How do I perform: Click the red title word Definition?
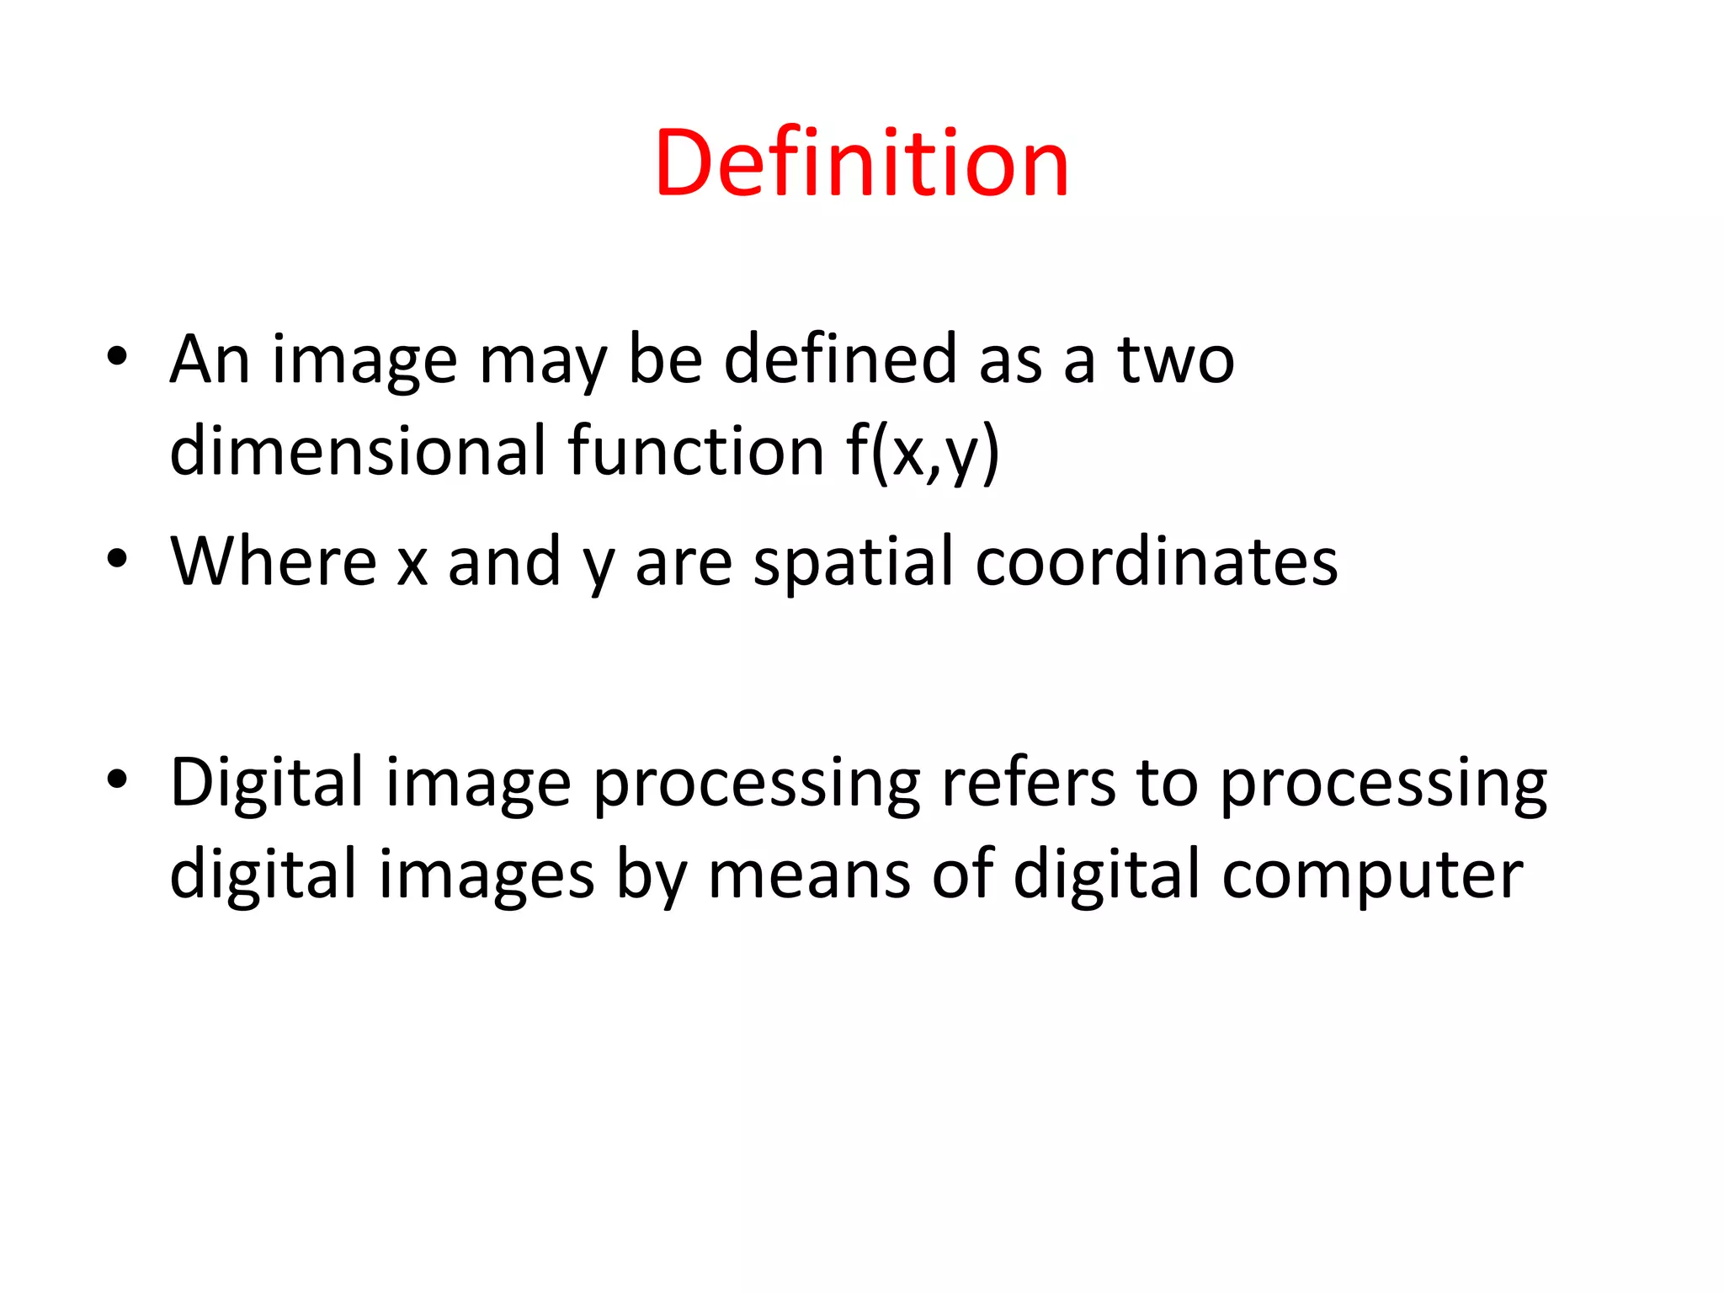(861, 163)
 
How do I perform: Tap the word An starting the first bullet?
(210, 359)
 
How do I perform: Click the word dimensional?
(359, 451)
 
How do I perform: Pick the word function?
(695, 451)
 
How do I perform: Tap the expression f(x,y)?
(923, 453)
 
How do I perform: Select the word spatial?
(854, 562)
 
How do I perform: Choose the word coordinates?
(1157, 561)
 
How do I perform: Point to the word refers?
(1028, 784)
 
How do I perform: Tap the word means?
(809, 875)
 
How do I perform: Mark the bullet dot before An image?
(117, 357)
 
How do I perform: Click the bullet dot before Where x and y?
(117, 559)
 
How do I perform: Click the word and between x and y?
(504, 561)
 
